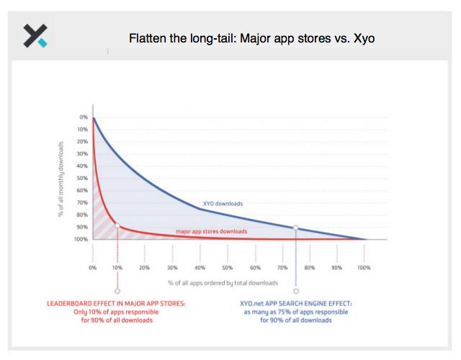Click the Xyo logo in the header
point(35,36)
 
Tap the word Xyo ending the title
point(364,38)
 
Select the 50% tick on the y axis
point(82,178)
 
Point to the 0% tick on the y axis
point(84,117)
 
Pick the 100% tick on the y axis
point(81,239)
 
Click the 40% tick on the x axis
point(200,267)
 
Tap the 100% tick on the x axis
point(364,267)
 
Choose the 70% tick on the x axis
point(282,267)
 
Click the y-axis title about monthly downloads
point(61,179)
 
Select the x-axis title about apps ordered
point(223,283)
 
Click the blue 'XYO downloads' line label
point(223,204)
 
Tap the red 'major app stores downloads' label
point(211,231)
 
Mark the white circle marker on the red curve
point(117,225)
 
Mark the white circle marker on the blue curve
point(296,228)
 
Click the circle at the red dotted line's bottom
point(117,291)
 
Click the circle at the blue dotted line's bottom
point(296,291)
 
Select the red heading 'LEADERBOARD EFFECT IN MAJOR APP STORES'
point(116,303)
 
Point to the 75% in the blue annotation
point(283,312)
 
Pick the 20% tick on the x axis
point(144,267)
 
